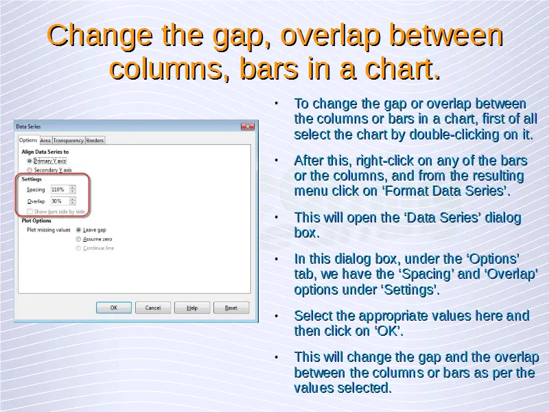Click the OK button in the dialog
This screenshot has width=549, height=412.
click(114, 308)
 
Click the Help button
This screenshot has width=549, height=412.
click(192, 308)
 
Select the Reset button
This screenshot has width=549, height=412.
click(231, 308)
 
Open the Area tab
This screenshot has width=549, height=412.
click(45, 141)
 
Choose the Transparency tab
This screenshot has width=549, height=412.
click(68, 141)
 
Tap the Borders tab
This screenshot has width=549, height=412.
click(95, 141)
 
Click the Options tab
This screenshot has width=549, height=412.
click(28, 140)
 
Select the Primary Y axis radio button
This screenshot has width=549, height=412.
click(30, 161)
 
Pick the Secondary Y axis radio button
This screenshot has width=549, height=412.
click(30, 170)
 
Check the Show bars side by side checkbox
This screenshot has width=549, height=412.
click(30, 211)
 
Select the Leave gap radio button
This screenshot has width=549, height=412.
click(78, 230)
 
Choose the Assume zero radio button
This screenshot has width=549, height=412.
click(78, 239)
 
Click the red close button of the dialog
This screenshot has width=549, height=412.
click(248, 126)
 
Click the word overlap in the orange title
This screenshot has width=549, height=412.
click(330, 36)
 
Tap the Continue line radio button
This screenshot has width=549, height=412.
click(78, 248)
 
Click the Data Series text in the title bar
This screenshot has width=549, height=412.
click(28, 126)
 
